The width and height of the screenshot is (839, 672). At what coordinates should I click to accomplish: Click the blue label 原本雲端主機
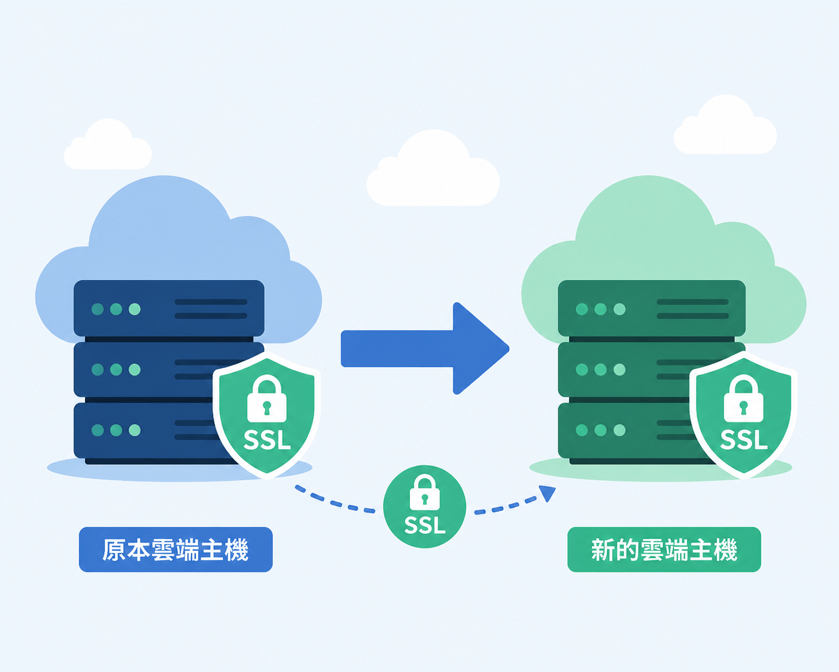[x=175, y=549]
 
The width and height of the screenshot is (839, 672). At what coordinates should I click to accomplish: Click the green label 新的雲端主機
[x=664, y=549]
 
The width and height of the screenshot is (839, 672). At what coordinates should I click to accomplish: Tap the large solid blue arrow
[x=425, y=349]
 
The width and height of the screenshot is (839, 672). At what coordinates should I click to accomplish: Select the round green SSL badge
[x=424, y=506]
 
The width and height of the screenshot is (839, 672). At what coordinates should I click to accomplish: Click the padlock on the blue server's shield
[x=267, y=398]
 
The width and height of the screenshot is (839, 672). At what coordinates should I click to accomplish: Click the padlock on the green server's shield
[x=743, y=398]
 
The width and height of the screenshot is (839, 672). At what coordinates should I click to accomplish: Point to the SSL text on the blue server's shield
[x=267, y=440]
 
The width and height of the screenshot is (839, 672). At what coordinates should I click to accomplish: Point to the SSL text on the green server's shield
[x=744, y=440]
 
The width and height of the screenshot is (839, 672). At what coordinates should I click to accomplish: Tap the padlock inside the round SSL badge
[x=424, y=492]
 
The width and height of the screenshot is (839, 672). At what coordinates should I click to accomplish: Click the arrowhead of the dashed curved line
[x=548, y=493]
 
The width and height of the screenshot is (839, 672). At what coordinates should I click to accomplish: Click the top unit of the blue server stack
[x=169, y=308]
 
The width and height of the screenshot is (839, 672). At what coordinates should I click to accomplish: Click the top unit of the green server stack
[x=652, y=308]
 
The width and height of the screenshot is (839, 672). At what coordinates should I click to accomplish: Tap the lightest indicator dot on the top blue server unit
[x=135, y=309]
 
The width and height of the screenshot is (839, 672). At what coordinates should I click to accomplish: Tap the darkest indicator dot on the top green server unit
[x=582, y=309]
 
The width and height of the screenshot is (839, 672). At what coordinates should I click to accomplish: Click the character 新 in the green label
[x=603, y=550]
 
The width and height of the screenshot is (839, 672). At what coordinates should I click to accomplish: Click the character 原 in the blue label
[x=114, y=550]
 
